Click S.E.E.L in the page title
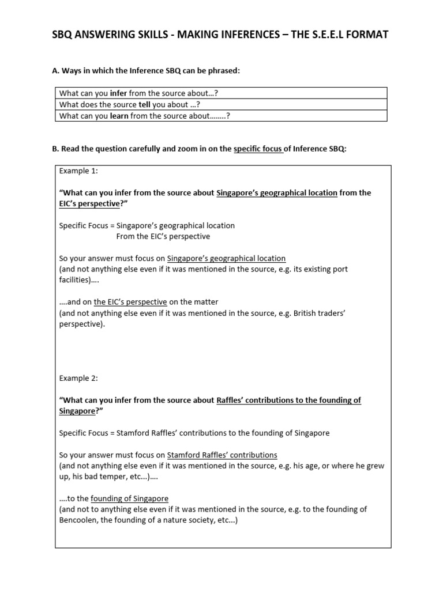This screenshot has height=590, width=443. [321, 35]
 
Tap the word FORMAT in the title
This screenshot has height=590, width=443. [366, 35]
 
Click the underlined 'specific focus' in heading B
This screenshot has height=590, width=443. [258, 149]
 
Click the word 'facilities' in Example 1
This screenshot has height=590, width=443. [75, 280]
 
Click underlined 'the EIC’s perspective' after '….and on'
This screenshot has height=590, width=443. [130, 302]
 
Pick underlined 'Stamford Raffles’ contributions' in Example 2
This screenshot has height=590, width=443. [222, 454]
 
